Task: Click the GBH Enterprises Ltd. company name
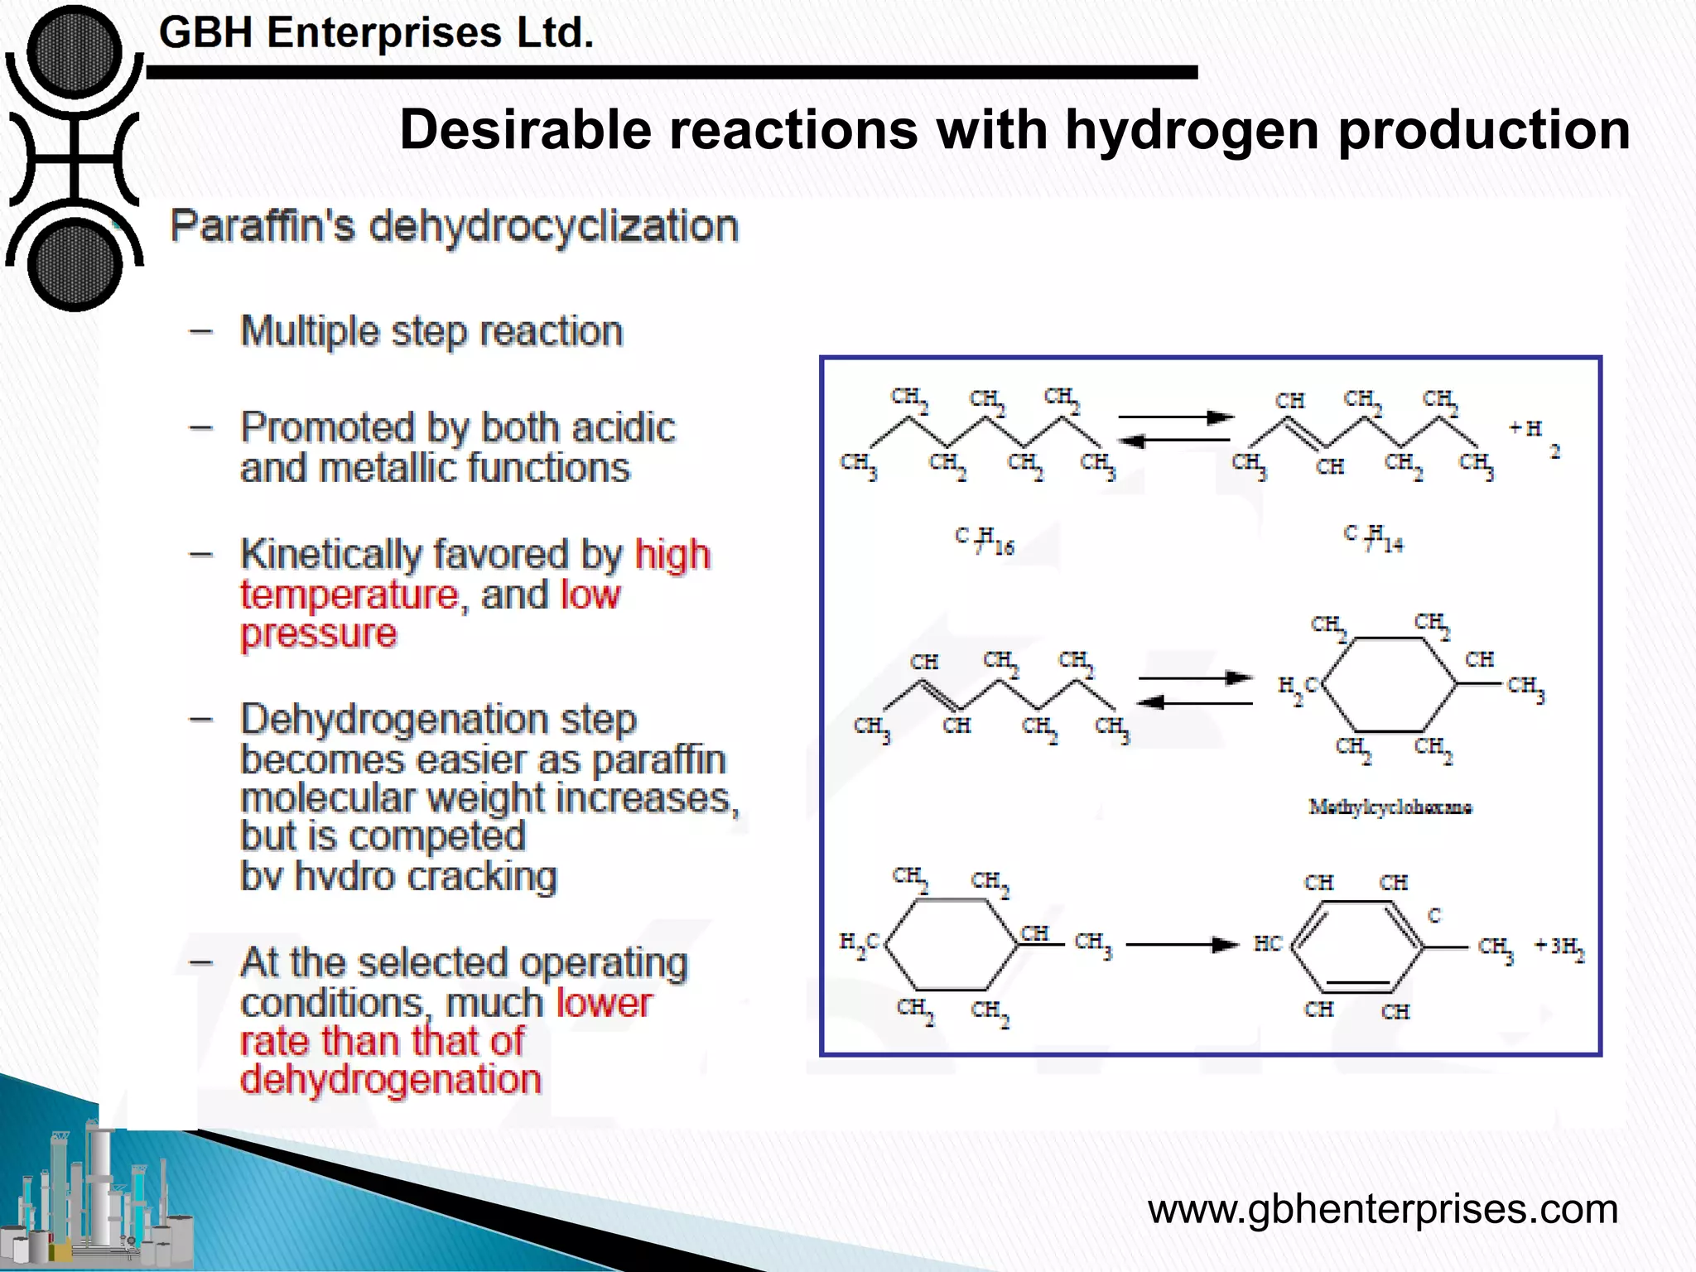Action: pos(376,33)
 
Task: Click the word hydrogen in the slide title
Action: pos(1192,131)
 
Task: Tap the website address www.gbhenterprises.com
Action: pos(1382,1209)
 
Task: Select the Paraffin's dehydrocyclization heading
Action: pos(454,226)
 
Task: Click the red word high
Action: pos(672,554)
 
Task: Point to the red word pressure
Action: pos(319,634)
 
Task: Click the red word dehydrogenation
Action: pos(390,1079)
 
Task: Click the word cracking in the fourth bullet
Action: pos(481,876)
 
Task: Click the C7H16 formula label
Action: pos(984,540)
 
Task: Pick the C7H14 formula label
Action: pos(1373,538)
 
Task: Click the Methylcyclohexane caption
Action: pos(1390,807)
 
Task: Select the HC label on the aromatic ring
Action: pos(1267,944)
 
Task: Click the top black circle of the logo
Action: pos(75,51)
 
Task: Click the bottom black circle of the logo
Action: pos(75,265)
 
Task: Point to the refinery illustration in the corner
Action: pos(99,1192)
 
